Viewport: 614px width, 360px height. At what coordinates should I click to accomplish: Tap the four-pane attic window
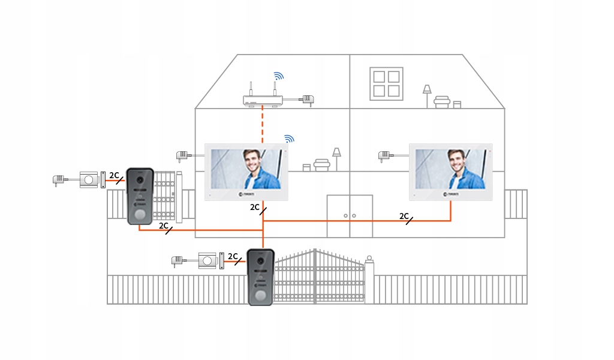tap(386, 83)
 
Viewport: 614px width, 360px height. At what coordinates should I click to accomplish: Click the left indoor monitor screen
tap(246, 169)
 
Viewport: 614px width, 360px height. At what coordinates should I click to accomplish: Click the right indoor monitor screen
tap(450, 169)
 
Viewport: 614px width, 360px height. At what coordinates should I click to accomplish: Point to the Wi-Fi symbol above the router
tap(278, 76)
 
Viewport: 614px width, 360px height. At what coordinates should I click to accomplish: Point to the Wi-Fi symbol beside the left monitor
tap(289, 139)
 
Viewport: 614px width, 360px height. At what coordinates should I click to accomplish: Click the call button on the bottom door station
tap(261, 296)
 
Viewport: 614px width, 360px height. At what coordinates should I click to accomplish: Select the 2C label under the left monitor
tap(255, 208)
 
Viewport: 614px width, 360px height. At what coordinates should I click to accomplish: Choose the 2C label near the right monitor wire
tap(404, 216)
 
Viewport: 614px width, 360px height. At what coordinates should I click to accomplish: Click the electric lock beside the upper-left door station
tap(90, 179)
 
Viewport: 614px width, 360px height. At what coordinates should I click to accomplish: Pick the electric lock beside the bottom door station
tap(209, 261)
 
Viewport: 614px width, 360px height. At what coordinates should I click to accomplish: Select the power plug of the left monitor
tap(182, 156)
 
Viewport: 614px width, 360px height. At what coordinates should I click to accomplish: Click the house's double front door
tap(350, 215)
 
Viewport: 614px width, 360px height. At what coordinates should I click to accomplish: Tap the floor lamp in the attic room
tap(427, 94)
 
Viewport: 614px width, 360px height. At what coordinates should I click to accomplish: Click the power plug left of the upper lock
tap(59, 179)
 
